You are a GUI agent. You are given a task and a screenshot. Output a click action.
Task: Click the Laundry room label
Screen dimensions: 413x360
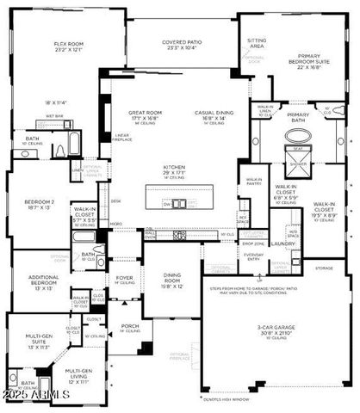tap(282, 243)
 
